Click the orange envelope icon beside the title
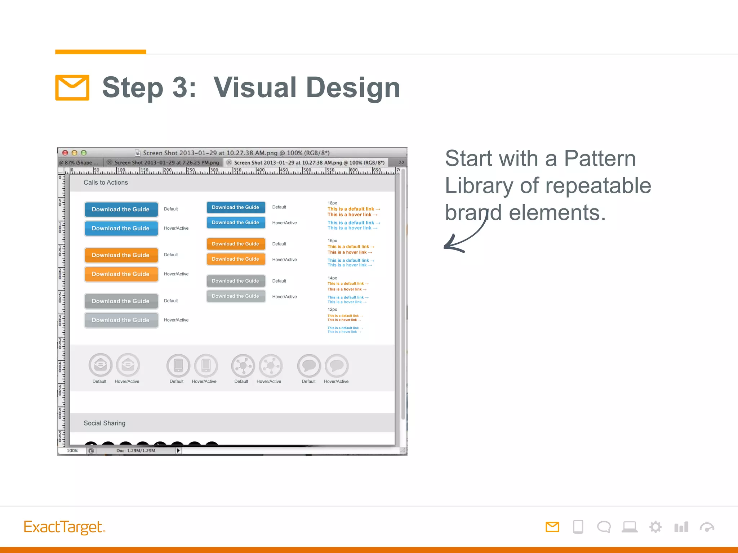click(x=72, y=87)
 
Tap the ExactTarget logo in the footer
click(x=64, y=527)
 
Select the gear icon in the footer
click(x=655, y=527)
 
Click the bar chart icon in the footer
click(x=681, y=527)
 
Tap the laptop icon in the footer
click(x=630, y=527)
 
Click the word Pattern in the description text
click(x=600, y=158)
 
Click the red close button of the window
click(x=65, y=153)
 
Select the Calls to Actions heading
click(x=106, y=183)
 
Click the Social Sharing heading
click(x=105, y=423)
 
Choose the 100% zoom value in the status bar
click(x=72, y=450)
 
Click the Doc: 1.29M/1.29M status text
click(x=135, y=450)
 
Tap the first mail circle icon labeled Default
click(x=100, y=365)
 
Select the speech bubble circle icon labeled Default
click(x=309, y=366)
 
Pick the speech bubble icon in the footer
click(x=604, y=527)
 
